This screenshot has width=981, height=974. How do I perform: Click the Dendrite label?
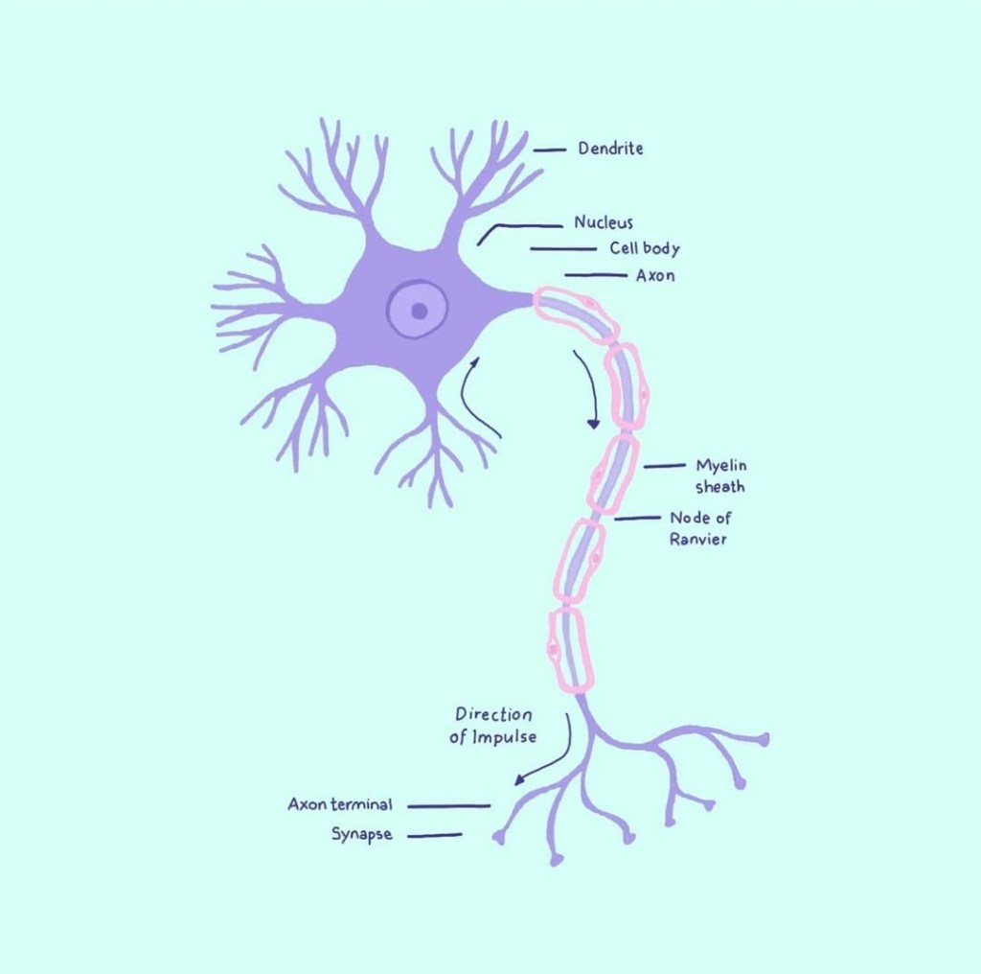[x=610, y=149]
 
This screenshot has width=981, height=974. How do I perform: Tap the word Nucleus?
[x=604, y=222]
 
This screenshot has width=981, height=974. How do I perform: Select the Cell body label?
[x=645, y=248]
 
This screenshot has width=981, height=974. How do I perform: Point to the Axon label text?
[x=655, y=275]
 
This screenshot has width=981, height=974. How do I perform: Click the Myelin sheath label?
[x=720, y=475]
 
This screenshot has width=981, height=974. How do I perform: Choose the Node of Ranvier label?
[x=699, y=528]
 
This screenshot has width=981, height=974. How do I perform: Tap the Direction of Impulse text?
[x=493, y=726]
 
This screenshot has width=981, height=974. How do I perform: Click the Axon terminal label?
[x=340, y=804]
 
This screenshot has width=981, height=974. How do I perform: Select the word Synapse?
[x=361, y=834]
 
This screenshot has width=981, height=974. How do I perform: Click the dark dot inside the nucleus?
[x=420, y=311]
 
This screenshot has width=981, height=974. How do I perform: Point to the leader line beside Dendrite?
[x=549, y=151]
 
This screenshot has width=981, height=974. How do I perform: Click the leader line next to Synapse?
[x=435, y=835]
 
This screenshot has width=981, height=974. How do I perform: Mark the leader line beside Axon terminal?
[x=448, y=806]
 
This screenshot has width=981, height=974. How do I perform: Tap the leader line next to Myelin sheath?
[x=665, y=466]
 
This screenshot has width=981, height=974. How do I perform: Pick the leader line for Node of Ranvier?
[x=637, y=519]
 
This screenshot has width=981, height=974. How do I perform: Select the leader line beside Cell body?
[x=563, y=249]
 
